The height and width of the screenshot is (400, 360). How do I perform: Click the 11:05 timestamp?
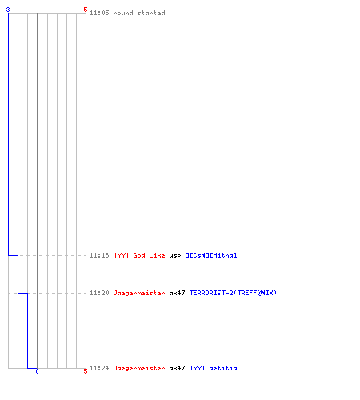tap(99, 13)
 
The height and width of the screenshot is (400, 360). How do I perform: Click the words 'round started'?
tap(139, 13)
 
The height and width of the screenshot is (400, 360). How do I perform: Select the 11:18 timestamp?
tap(99, 255)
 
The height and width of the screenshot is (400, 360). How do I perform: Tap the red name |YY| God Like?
tap(140, 255)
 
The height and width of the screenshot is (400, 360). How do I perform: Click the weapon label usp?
tap(175, 256)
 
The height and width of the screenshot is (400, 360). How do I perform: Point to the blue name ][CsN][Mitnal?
tap(211, 255)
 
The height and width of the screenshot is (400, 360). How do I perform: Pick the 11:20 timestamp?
tap(99, 293)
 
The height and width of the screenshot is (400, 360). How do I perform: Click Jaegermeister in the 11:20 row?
tap(139, 293)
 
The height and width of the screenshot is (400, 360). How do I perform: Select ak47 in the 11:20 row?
tap(177, 293)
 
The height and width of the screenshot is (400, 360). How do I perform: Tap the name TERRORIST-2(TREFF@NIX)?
tap(233, 293)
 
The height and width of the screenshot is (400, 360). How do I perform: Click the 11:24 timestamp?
tap(99, 368)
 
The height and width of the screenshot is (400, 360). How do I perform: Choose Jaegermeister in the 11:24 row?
tap(139, 368)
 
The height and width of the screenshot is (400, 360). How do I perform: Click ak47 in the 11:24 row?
tap(177, 368)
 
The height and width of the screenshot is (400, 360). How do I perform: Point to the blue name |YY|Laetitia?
tap(214, 368)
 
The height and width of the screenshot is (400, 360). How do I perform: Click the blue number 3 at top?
tap(8, 10)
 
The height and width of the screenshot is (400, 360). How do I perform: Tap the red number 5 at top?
tap(86, 10)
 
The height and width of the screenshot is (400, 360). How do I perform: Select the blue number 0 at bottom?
tap(37, 371)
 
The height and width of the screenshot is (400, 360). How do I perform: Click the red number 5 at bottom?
tap(86, 371)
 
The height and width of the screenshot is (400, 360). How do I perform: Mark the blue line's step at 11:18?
tap(13, 255)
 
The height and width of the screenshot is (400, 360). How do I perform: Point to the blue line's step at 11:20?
tap(22, 293)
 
